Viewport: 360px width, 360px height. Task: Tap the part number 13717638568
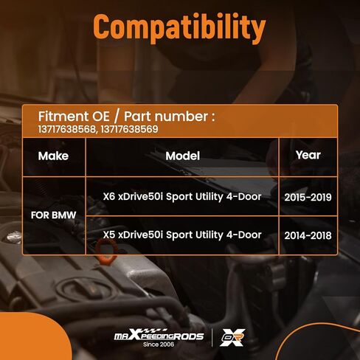pos(66,129)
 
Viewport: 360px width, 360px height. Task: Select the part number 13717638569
pos(129,129)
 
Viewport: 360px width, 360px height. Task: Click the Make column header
pos(53,156)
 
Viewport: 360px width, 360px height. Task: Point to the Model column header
pos(182,156)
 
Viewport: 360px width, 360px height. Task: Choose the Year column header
pos(308,155)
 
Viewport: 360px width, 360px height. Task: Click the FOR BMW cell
pos(53,215)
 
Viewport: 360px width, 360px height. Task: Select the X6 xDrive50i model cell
pos(182,197)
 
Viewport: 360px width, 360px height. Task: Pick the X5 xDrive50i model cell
pos(182,235)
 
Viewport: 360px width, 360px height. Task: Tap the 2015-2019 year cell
pos(308,197)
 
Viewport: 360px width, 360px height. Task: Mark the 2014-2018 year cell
pos(308,235)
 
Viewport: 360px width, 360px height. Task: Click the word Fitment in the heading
pos(63,117)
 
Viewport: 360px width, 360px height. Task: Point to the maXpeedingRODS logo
pos(159,336)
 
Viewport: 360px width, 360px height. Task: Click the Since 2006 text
pos(159,345)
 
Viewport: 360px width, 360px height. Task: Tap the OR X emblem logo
pos(232,337)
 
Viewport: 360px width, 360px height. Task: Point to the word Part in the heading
pos(137,117)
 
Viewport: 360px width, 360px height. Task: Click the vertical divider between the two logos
pos(212,337)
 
